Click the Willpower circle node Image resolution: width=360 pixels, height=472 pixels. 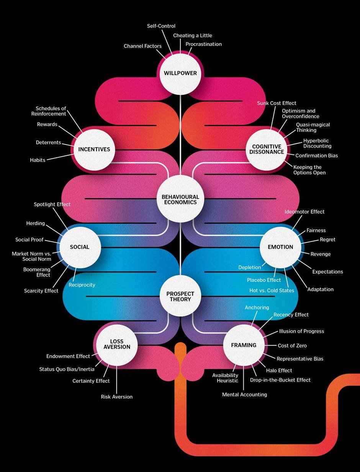[180, 73]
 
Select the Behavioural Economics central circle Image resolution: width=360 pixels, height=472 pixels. [180, 200]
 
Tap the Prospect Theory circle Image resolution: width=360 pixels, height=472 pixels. [180, 297]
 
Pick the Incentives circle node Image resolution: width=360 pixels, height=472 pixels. [94, 149]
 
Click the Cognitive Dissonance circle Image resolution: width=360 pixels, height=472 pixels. [267, 149]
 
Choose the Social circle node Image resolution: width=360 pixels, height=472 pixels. [80, 247]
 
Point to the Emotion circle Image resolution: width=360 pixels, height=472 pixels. [280, 247]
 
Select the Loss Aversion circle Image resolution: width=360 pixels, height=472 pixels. [116, 344]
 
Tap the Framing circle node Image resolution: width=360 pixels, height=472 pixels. [244, 345]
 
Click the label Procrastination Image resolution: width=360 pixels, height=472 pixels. [204, 44]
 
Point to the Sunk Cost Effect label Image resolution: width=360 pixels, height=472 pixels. [277, 103]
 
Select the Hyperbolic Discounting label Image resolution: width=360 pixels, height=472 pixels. [317, 143]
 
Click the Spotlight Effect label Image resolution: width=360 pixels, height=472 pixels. [52, 204]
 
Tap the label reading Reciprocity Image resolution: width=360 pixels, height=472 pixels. [82, 285]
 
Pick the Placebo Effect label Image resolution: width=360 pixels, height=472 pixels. [264, 280]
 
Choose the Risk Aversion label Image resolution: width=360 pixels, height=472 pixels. [116, 397]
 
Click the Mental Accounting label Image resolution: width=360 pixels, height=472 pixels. [244, 394]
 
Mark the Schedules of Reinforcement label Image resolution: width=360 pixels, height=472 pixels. [49, 111]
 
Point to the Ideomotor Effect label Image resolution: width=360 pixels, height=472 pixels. [304, 211]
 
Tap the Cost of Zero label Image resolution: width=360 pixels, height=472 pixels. [292, 346]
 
